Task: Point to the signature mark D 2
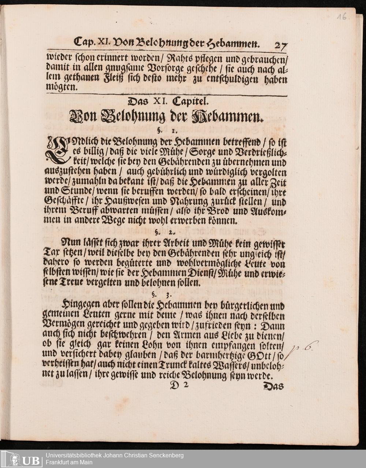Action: tap(179, 385)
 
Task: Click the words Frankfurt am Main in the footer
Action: tap(69, 463)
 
